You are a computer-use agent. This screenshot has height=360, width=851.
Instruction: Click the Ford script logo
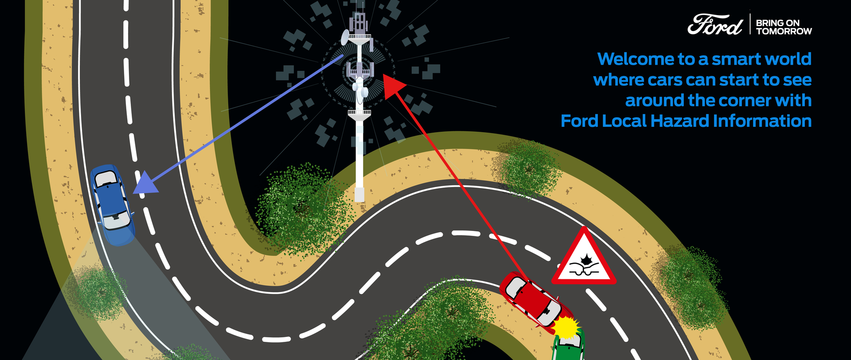[x=714, y=24]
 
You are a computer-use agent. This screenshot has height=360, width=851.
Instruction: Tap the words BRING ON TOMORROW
[x=784, y=27]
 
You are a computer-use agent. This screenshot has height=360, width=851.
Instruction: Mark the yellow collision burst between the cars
[x=566, y=327]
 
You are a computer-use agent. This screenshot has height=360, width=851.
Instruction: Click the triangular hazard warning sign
[x=584, y=258]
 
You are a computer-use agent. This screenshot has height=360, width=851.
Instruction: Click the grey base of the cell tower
[x=359, y=194]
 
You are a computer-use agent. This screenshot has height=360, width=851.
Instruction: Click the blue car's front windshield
[x=107, y=179]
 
